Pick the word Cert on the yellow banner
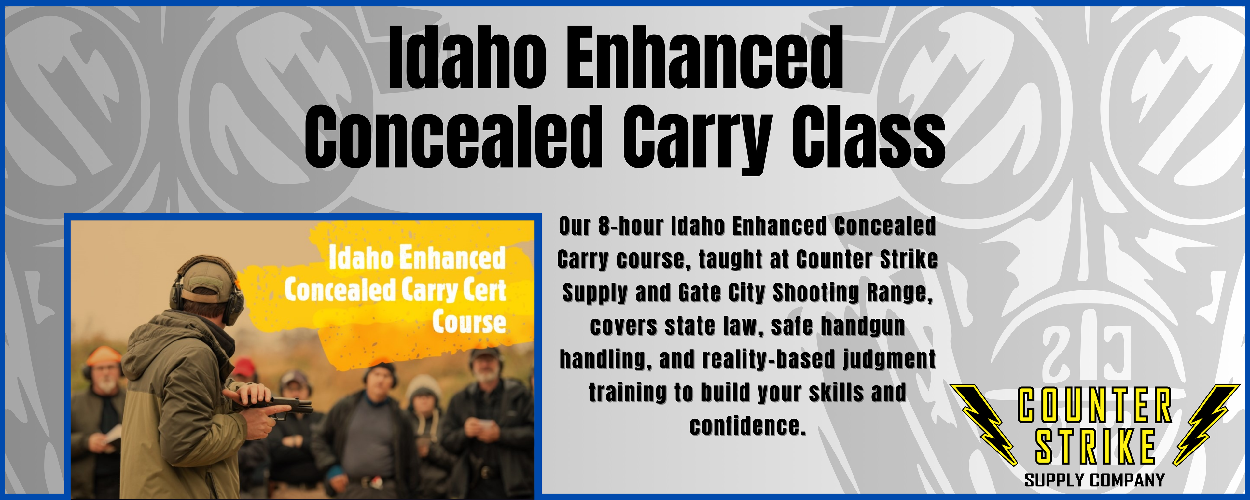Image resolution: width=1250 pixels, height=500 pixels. point(484,291)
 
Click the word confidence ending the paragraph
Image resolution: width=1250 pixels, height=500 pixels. point(748,426)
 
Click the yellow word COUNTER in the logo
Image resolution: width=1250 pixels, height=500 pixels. point(1095,404)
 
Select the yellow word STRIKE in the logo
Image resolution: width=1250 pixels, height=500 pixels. point(1095,446)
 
